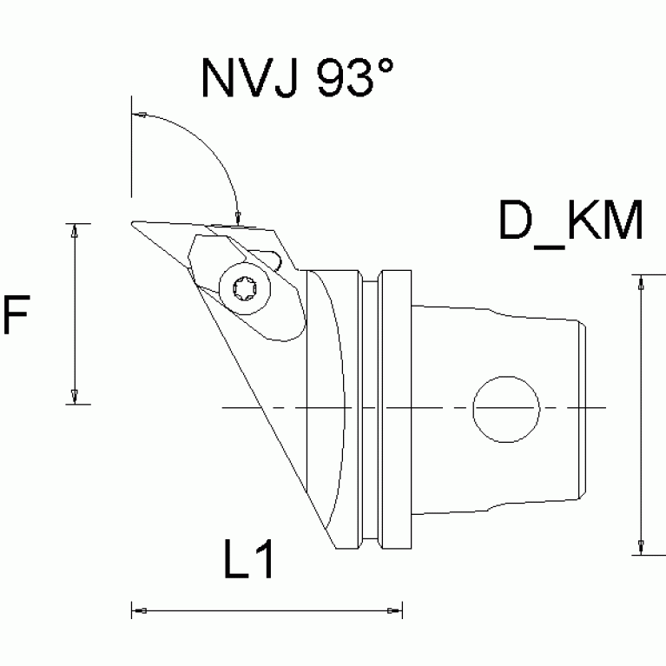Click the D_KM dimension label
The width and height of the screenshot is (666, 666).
pos(570,222)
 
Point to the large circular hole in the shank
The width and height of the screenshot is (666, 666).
pos(505,407)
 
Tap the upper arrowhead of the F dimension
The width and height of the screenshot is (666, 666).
pos(76,230)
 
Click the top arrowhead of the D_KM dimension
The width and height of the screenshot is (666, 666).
pos(640,282)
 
